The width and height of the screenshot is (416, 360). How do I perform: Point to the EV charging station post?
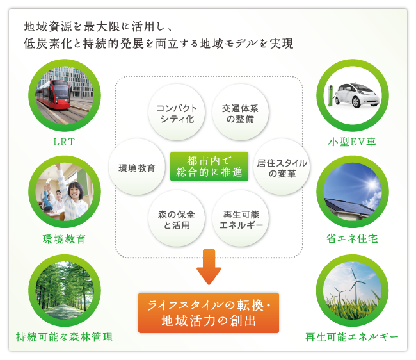[x=330, y=95]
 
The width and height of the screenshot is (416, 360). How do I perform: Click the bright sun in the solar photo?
[x=371, y=184]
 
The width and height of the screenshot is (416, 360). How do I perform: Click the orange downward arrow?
[x=209, y=266]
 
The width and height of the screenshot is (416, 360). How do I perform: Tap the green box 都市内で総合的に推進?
[x=209, y=167]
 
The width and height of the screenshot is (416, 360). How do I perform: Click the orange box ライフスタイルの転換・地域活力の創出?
[x=209, y=313]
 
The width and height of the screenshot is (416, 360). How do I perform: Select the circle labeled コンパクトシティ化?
[x=177, y=113]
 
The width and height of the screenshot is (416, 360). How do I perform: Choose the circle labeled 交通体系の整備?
[x=241, y=113]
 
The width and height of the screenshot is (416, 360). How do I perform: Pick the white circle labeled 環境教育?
[x=137, y=167]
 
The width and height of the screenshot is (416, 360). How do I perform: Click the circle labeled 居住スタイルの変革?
[x=282, y=167]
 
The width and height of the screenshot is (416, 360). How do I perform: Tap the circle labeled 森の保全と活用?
[x=177, y=219]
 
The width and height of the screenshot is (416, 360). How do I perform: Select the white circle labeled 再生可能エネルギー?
[x=241, y=219]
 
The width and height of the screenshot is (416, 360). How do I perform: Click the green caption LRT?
[x=64, y=142]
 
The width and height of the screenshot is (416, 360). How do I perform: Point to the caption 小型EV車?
[x=352, y=142]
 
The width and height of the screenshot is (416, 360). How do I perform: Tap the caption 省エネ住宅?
[x=352, y=239]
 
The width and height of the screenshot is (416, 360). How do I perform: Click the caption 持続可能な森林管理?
[x=64, y=337]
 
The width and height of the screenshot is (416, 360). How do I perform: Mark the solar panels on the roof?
[x=349, y=206]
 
